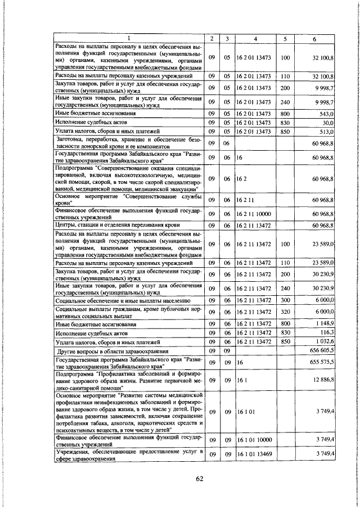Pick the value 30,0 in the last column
(328, 122)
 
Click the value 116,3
(326, 332)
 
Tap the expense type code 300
(285, 301)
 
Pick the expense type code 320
(285, 312)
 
